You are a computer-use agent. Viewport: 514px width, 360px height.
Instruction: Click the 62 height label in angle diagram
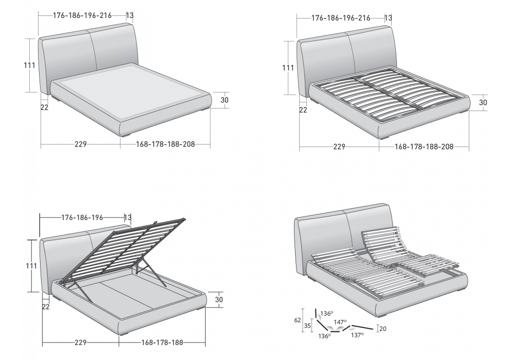click(297, 320)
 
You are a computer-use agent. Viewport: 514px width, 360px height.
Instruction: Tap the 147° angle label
click(340, 322)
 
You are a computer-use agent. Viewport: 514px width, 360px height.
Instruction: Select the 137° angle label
click(357, 335)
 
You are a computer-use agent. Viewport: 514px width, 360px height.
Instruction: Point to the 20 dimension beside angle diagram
click(382, 329)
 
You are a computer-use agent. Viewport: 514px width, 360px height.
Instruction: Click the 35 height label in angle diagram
click(307, 326)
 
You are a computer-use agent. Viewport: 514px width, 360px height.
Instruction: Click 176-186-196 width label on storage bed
click(82, 218)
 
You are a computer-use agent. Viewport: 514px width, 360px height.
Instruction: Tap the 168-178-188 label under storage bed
click(162, 343)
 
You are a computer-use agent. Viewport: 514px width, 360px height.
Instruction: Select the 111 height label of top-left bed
click(29, 65)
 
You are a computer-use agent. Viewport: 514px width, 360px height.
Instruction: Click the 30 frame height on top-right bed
click(483, 103)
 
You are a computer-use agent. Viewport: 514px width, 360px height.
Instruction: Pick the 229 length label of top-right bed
click(339, 147)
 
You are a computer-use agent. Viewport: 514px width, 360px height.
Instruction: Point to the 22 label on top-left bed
click(45, 107)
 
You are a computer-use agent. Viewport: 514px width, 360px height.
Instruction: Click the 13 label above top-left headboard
click(130, 15)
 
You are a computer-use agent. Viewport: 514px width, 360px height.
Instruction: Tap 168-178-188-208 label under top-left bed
click(166, 144)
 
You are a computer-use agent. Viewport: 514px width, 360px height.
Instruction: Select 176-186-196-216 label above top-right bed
click(341, 18)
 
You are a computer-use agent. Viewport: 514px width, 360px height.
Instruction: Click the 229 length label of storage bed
click(81, 343)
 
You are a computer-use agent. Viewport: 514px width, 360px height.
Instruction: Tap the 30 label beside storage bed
click(219, 300)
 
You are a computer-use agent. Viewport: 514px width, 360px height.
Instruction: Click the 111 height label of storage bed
click(31, 265)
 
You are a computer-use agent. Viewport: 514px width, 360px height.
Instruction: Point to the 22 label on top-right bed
click(303, 110)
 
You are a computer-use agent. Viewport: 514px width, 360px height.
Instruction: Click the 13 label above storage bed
click(127, 218)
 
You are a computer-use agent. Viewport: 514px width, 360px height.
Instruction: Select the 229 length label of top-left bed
click(81, 144)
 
